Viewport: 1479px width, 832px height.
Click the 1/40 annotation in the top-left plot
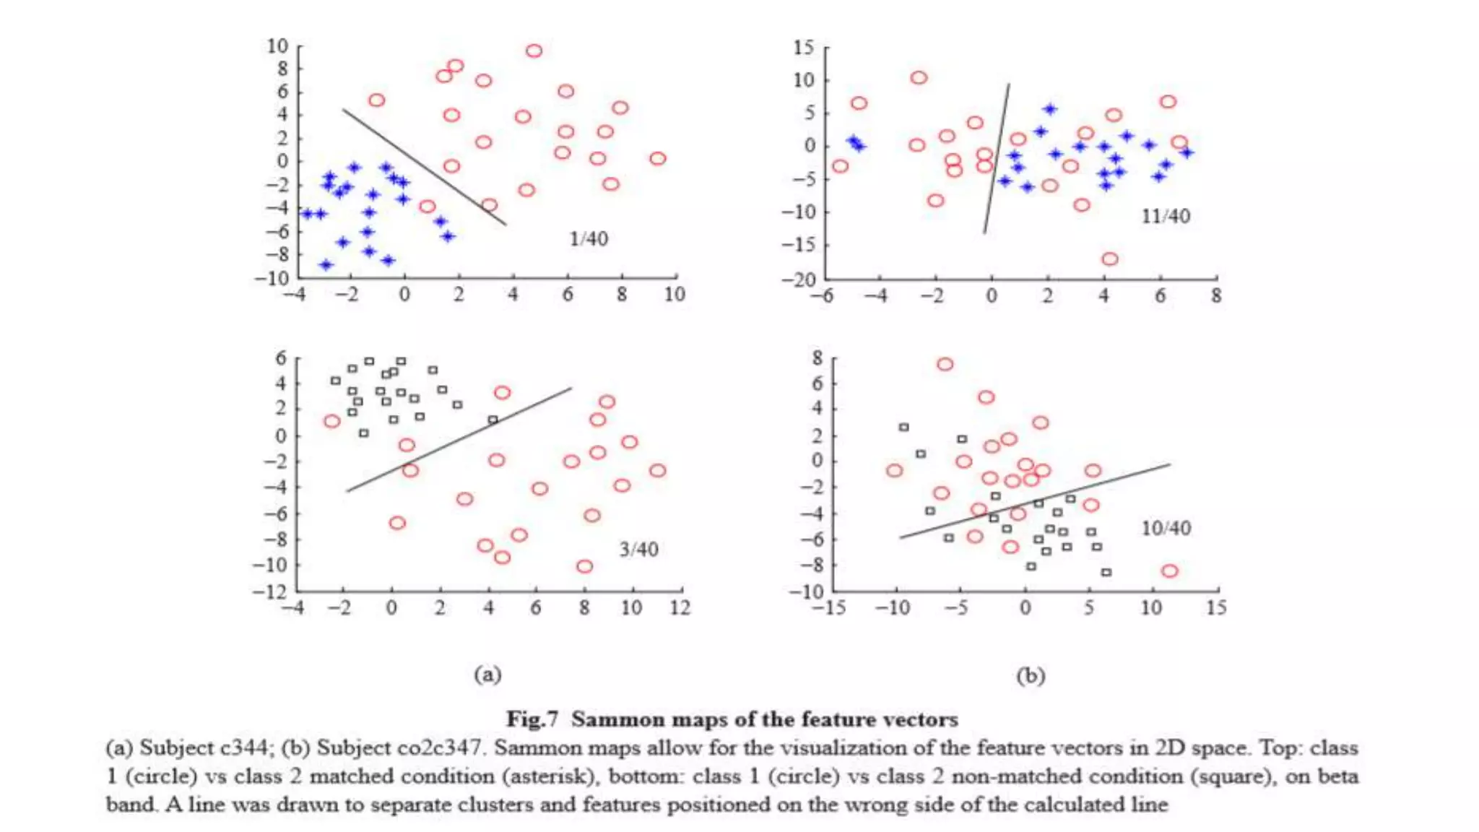pos(589,239)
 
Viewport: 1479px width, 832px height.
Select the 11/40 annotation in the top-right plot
pos(1165,216)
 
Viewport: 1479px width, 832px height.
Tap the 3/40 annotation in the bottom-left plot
pos(638,550)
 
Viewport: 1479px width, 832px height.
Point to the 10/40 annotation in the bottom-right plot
pos(1166,529)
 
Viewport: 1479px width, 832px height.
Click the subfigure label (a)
pos(487,675)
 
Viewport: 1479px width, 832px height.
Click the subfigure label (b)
pos(1031,676)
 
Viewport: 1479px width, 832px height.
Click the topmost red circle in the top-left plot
pos(534,51)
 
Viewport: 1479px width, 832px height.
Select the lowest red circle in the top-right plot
pos(1110,259)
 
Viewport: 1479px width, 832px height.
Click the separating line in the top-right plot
pos(997,159)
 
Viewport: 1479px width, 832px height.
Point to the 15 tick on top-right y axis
pos(803,48)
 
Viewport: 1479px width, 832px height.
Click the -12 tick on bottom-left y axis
pos(269,592)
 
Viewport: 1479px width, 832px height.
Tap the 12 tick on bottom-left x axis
pos(680,608)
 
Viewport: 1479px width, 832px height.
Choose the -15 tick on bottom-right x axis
pos(828,608)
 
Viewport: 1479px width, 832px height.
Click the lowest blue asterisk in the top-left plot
pos(326,265)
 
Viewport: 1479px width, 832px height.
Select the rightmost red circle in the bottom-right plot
pos(1169,571)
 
